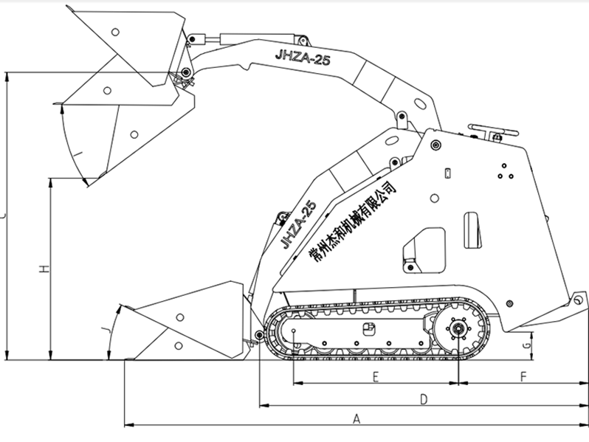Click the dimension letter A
point(356,419)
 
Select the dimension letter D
point(424,399)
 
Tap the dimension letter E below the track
point(376,378)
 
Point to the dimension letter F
point(523,378)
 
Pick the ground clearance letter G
point(526,345)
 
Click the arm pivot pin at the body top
point(435,143)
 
